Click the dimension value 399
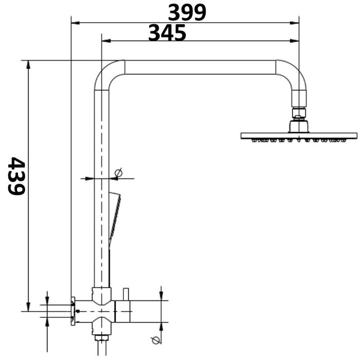pos(187,12)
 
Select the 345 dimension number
pos(167,33)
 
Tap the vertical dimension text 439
pos(17,176)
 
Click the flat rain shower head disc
pos(299,136)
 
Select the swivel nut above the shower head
pos(299,113)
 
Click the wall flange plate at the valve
pos(74,311)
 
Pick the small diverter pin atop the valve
pos(125,294)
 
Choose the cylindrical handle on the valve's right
pos(124,311)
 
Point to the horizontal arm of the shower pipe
pos(201,67)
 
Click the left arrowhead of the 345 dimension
pos(105,41)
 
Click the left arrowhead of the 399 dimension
pos(74,23)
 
